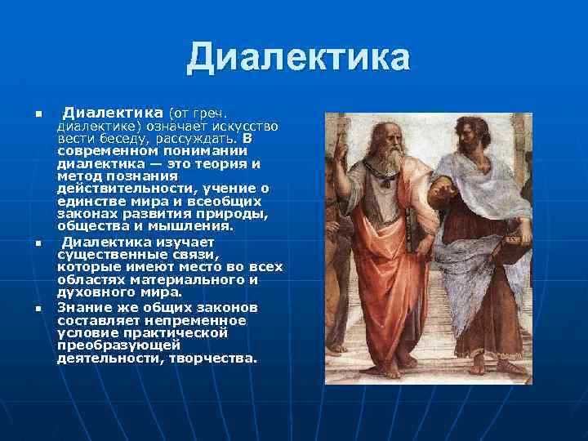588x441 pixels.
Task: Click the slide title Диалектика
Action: (x=299, y=57)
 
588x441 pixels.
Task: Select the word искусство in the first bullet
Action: (x=247, y=126)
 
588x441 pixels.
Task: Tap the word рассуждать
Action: (x=197, y=139)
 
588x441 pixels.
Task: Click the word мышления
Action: (x=191, y=226)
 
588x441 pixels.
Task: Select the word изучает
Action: (x=185, y=243)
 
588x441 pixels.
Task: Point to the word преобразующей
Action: (x=119, y=345)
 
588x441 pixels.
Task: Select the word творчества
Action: (x=213, y=359)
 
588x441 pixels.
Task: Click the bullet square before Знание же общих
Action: (x=38, y=309)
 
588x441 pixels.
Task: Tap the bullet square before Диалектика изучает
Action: (x=38, y=243)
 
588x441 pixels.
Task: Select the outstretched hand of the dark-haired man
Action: (x=443, y=190)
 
